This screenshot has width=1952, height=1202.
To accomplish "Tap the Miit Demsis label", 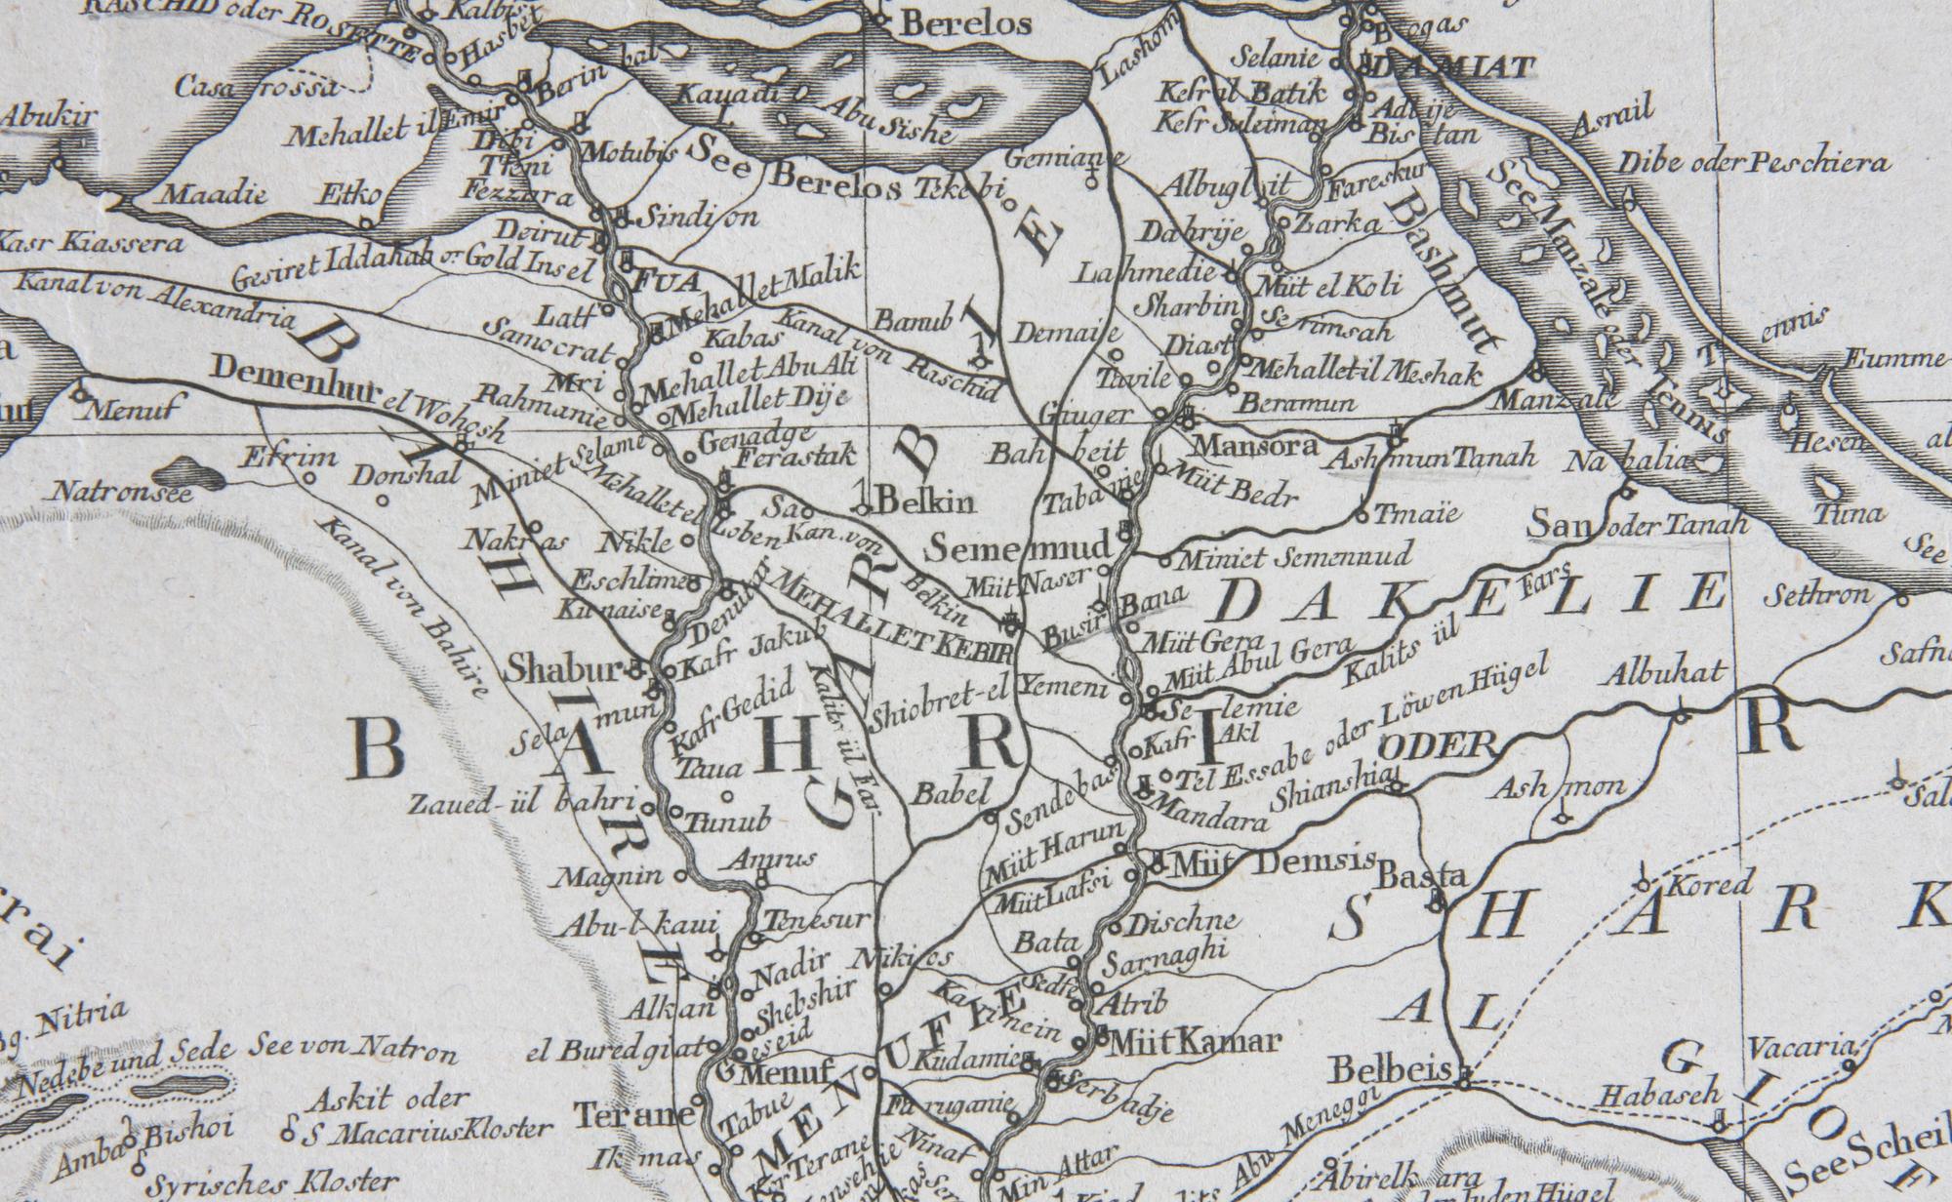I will pyautogui.click(x=1273, y=862).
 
